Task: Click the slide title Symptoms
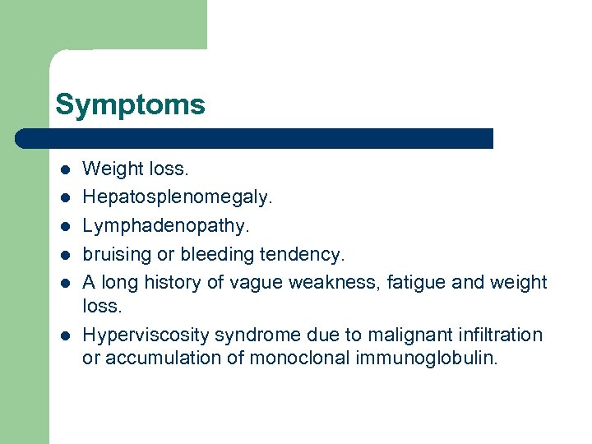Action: [x=130, y=105]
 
